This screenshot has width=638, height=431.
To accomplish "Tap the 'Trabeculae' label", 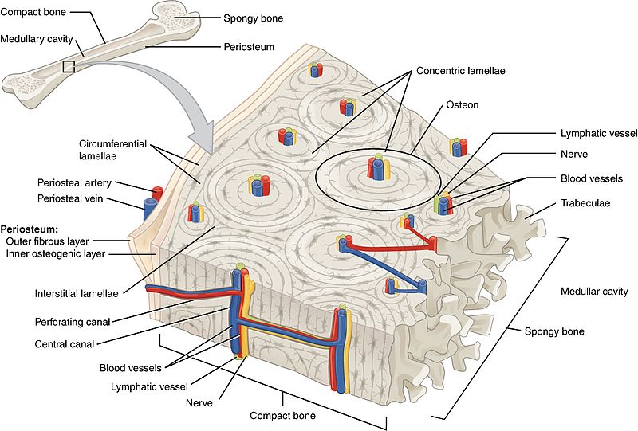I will pos(585,203).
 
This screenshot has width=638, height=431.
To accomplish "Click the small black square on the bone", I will pos(69,67).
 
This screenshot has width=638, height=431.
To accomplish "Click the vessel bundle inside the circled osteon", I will pos(376,169).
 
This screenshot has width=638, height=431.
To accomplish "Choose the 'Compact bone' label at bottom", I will pos(282,415).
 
